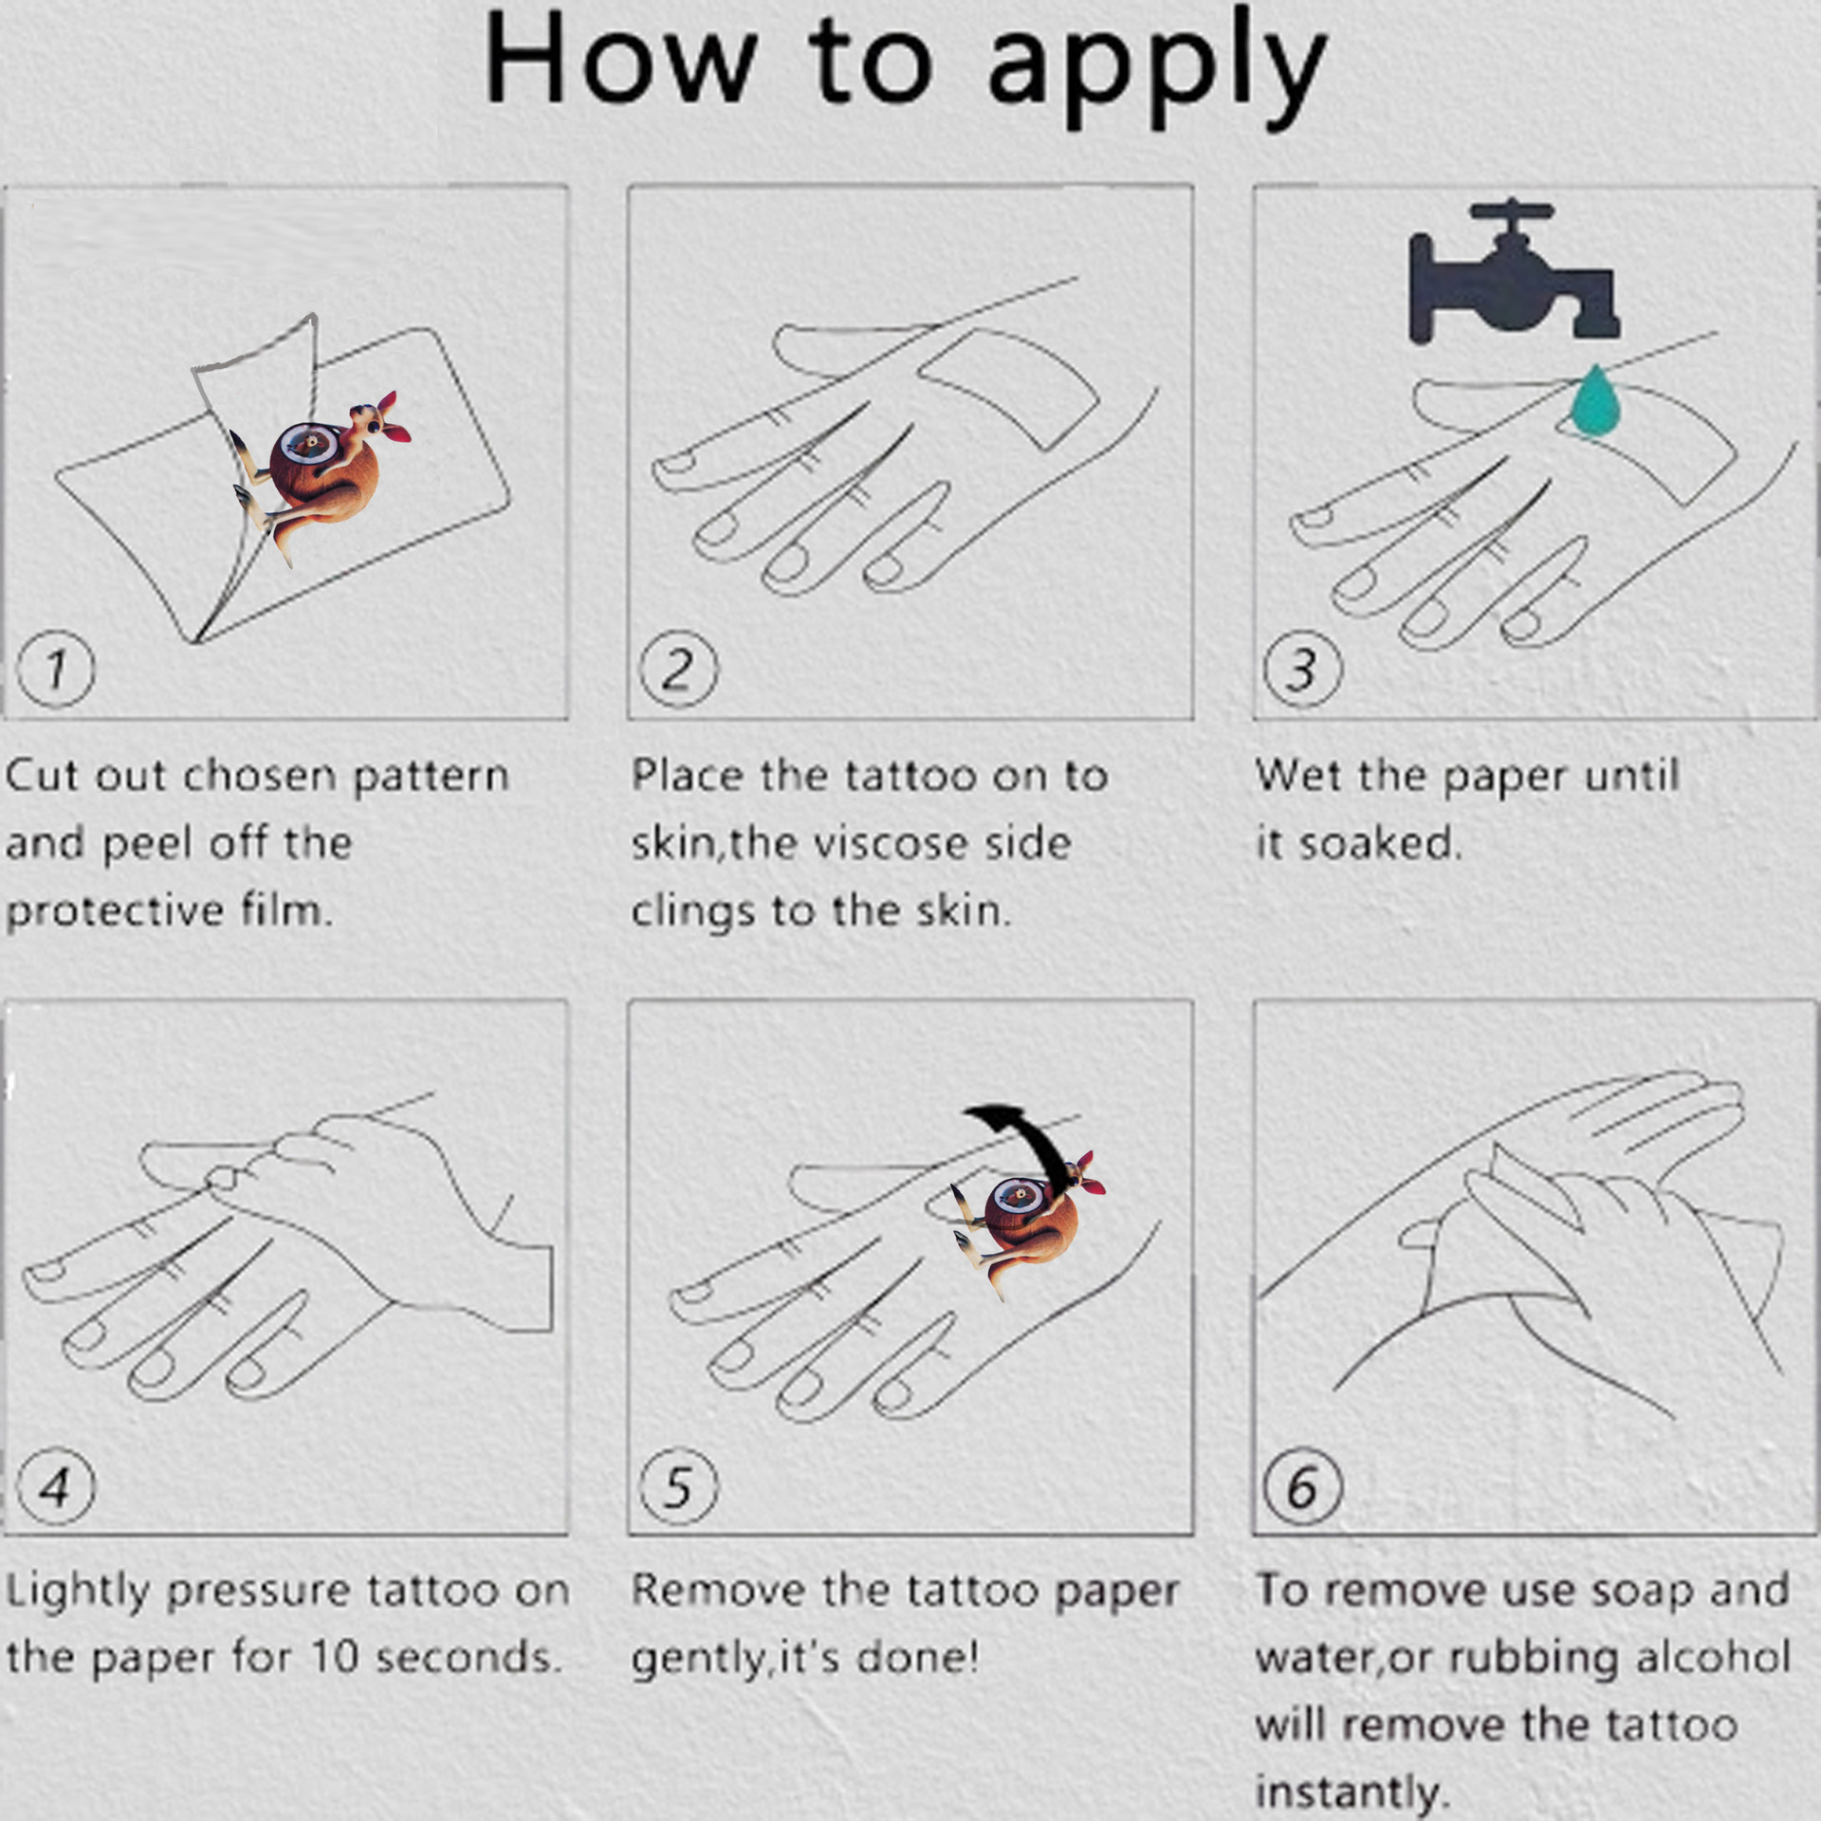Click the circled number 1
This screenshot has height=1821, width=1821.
56,669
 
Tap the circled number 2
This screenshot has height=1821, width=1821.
678,669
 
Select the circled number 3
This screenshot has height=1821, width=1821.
1303,669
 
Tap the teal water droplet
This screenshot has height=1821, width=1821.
1595,401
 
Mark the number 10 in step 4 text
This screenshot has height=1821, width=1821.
335,1657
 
